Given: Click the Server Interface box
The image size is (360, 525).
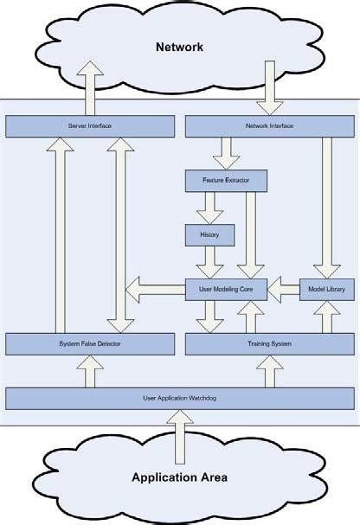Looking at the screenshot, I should (89, 126).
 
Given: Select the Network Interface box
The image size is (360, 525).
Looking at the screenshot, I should (270, 126).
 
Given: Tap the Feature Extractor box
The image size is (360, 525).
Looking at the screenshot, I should (226, 181).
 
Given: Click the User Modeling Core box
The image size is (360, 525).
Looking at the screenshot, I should (226, 289).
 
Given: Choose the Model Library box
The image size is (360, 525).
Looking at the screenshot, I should (327, 289).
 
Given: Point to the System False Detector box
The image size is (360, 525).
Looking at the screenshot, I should (89, 344).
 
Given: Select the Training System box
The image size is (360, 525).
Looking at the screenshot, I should (270, 344).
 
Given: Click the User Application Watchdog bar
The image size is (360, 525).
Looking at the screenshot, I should (180, 398).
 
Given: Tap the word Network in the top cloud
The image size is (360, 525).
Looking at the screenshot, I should (179, 47).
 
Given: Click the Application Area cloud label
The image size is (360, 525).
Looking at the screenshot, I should (179, 477).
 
